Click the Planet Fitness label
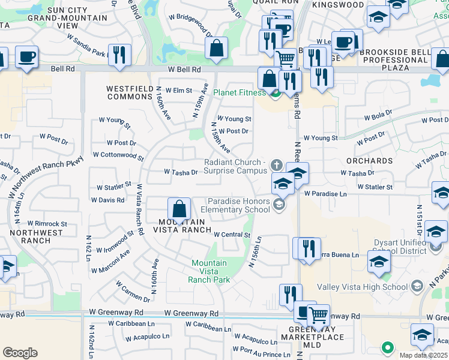[x=239, y=92]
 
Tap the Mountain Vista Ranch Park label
[x=209, y=271]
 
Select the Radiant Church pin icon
[x=277, y=164]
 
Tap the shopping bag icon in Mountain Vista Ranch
[x=179, y=209]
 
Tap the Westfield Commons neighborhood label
[x=130, y=92]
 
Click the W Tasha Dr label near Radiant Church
[x=181, y=172]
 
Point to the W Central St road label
[x=231, y=235]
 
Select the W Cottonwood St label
[x=118, y=155]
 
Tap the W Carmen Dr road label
[x=133, y=291]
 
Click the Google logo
[x=20, y=353]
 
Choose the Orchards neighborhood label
[x=369, y=161]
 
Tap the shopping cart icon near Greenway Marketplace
[x=318, y=314]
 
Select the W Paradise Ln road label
[x=325, y=194]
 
